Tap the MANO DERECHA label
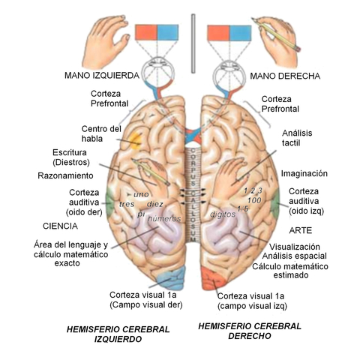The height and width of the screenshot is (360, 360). click(x=285, y=76)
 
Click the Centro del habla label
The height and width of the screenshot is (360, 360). click(x=102, y=133)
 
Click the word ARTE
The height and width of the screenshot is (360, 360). click(x=300, y=229)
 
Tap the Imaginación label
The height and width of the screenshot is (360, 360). click(x=305, y=173)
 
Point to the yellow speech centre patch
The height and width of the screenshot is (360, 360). click(x=133, y=139)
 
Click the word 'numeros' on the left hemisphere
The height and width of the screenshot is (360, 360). click(x=163, y=218)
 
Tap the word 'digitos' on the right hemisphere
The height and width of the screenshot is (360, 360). click(x=223, y=214)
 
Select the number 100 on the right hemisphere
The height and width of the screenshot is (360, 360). click(x=253, y=200)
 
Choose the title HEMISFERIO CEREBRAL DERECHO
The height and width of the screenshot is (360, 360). click(x=249, y=331)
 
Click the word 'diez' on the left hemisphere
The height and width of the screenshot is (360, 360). click(x=155, y=204)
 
